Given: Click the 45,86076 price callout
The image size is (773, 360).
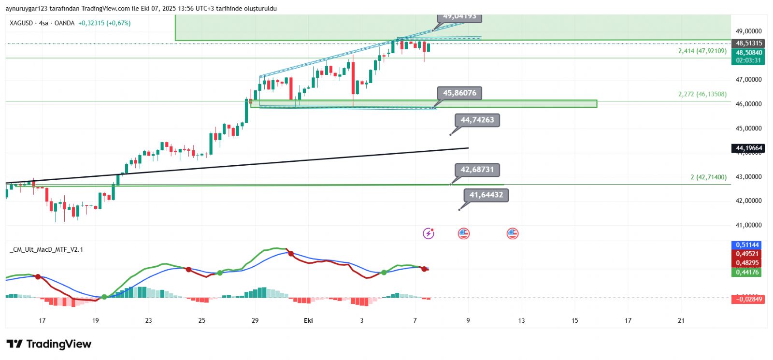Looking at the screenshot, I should coord(459,93).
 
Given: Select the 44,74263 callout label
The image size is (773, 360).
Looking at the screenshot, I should coord(477,120).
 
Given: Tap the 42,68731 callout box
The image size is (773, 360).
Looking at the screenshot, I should coord(477,170).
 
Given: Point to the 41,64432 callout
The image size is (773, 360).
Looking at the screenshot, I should coord(486,195).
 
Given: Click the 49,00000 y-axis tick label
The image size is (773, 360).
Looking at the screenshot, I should coord(748,31).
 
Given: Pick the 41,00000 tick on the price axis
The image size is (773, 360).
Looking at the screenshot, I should coord(748,225).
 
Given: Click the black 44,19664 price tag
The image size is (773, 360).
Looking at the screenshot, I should coord(748,148).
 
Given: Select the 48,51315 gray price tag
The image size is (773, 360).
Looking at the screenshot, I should coord(748,43).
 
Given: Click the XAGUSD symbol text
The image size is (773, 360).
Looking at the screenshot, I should coord(21,23).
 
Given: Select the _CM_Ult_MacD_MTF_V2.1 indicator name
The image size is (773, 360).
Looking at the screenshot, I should coord(46,249).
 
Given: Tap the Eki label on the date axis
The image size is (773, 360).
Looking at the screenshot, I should coord(308,320).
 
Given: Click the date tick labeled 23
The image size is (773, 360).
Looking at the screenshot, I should coord(148,320).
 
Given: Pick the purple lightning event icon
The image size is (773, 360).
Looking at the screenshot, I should coord(429,234).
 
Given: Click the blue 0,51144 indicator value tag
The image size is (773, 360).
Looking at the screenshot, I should coord(747,245).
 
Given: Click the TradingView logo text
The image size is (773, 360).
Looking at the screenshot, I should coord(58,344).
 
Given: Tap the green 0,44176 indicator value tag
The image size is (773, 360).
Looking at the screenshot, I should coord(747,273).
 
